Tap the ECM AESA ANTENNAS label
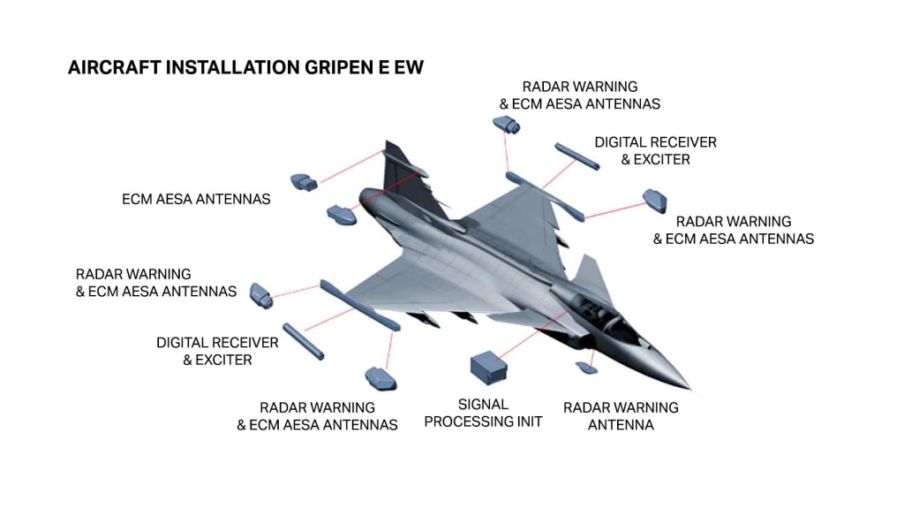pos(196,199)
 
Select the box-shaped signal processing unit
pos(489,367)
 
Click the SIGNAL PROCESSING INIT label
pos(483,414)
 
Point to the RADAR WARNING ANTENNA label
pos(621,416)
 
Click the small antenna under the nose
pos(586,367)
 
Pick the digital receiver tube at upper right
pos(577,157)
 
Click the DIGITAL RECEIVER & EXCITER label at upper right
pos(656,150)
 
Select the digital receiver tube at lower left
pos(304,342)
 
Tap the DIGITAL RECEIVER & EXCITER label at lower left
pos(217,351)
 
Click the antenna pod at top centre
pos(506,125)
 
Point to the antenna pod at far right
pos(655,201)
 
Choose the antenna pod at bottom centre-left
pos(380,379)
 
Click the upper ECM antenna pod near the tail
pos(305,182)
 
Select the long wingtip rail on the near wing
pos(360,305)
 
